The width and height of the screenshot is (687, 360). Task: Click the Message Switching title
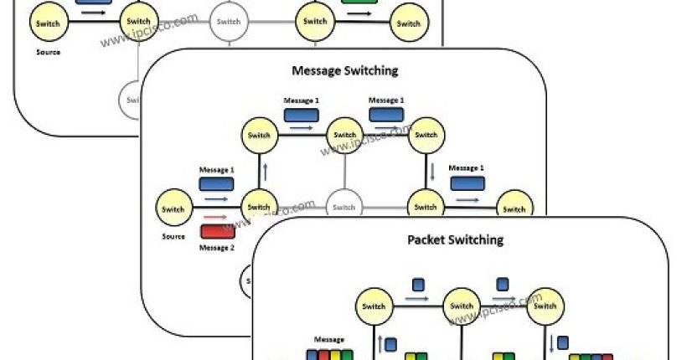343,70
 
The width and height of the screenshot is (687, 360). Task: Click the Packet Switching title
455,240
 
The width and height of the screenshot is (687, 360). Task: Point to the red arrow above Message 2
214,216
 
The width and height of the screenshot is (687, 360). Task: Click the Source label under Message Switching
173,236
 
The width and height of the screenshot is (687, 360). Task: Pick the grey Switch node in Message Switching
343,207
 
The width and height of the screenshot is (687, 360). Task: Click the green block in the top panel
359,3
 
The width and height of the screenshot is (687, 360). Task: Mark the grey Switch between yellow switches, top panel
227,22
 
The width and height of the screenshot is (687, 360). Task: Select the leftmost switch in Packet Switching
374,306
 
